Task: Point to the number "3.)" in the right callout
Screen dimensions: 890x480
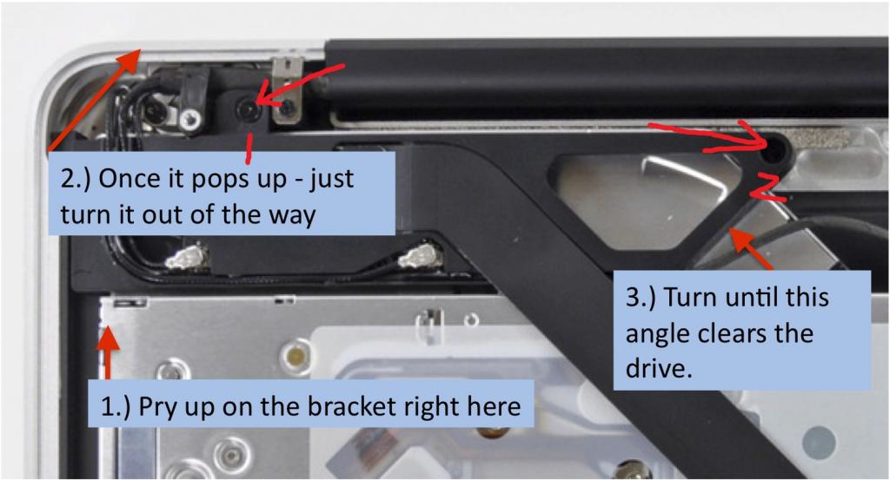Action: tap(641, 297)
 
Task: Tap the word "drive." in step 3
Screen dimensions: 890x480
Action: tap(659, 368)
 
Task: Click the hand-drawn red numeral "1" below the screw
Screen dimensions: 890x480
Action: tap(248, 148)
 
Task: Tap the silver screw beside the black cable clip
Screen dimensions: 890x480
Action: tap(190, 120)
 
